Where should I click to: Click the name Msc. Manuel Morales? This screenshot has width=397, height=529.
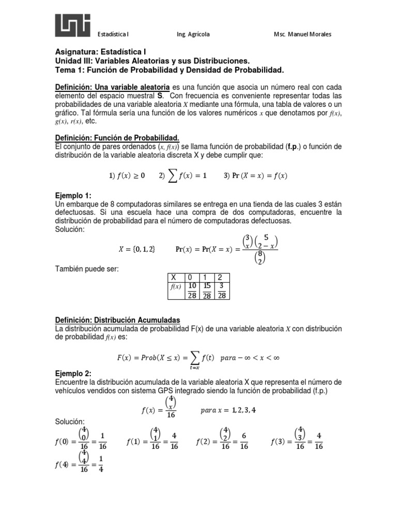pyautogui.click(x=302, y=34)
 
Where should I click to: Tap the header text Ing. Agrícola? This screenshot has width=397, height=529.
pyautogui.click(x=193, y=34)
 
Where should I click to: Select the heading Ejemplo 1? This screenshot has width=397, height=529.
pyautogui.click(x=73, y=196)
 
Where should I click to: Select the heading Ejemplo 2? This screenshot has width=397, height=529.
pyautogui.click(x=73, y=373)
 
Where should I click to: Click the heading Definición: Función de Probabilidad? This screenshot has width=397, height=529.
pyautogui.click(x=117, y=137)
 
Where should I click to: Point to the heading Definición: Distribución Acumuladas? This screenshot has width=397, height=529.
pyautogui.click(x=118, y=320)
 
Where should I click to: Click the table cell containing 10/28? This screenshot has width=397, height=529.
pyautogui.click(x=192, y=290)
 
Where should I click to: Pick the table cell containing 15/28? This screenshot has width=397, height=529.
pyautogui.click(x=207, y=290)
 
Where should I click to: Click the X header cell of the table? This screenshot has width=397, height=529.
pyautogui.click(x=174, y=277)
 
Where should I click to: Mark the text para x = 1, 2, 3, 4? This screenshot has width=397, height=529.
pyautogui.click(x=227, y=411)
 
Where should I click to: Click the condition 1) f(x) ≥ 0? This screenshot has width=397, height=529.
pyautogui.click(x=127, y=176)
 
